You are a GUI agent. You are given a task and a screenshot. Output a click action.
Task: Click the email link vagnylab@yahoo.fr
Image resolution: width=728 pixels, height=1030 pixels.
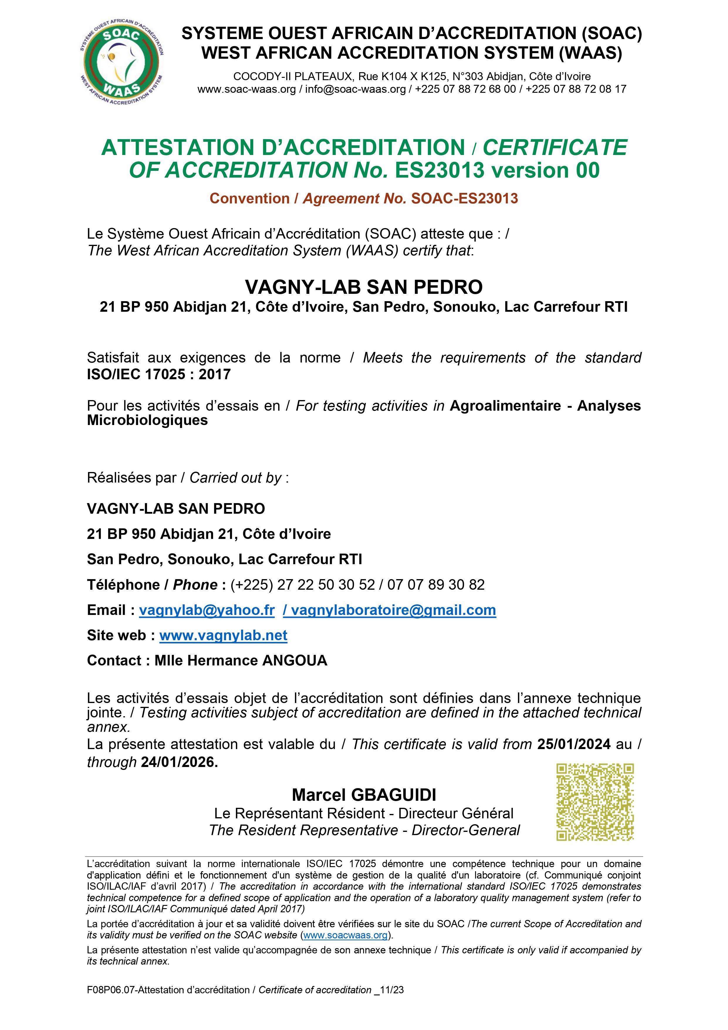tap(207, 610)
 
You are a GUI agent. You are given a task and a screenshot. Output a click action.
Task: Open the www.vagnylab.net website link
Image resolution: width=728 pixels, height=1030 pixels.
tap(223, 635)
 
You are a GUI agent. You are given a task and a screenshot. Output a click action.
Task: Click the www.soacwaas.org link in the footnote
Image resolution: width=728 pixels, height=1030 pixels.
tap(345, 935)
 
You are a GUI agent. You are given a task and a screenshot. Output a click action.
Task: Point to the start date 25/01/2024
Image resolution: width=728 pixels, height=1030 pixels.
tap(574, 744)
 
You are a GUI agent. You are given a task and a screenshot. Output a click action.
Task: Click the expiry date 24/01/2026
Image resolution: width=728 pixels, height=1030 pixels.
tap(179, 762)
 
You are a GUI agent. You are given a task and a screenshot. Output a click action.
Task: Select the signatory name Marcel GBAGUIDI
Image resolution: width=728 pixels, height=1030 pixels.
tap(364, 795)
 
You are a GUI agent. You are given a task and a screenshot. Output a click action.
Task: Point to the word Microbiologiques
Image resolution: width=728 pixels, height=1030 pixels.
tap(147, 420)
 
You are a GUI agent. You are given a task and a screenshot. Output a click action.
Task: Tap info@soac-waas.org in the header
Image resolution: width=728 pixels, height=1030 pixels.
tap(355, 89)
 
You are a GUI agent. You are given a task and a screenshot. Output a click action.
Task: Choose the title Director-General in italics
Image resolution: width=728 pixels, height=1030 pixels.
tap(466, 830)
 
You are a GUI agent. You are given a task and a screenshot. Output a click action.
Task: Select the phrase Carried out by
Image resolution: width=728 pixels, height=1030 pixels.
tap(236, 478)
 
